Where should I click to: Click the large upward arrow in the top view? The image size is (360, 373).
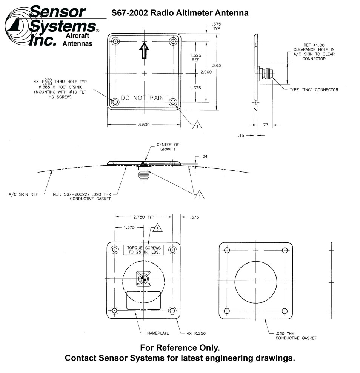point(143,51)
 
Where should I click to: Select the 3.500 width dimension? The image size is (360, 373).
point(143,125)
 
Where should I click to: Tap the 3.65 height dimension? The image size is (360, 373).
point(216,66)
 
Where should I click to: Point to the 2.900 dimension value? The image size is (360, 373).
point(206,72)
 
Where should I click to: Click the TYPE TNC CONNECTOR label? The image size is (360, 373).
point(314,90)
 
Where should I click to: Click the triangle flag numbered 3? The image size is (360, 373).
point(157,228)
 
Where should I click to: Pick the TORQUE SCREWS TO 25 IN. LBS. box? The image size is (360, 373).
point(144,250)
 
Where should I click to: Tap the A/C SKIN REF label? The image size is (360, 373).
point(23,195)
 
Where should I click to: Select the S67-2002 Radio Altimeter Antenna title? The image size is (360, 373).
point(180,13)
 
